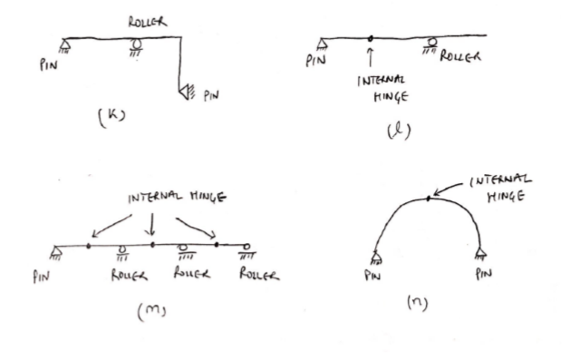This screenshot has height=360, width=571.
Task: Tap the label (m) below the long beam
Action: click(157, 314)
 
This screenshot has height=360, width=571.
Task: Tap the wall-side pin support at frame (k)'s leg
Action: click(185, 91)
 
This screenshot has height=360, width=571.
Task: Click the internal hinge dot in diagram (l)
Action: click(371, 38)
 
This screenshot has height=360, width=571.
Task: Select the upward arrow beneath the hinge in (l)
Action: click(371, 58)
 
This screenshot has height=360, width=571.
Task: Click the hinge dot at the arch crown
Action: click(428, 198)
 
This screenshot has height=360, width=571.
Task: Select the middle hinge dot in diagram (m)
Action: click(153, 245)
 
